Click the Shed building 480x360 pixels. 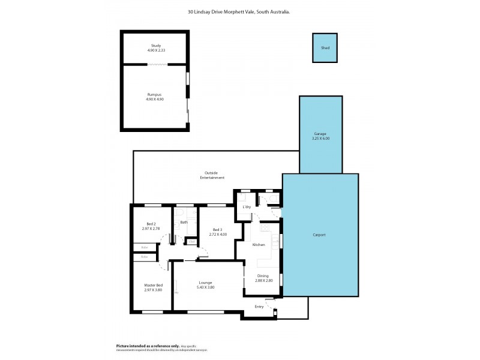coord(325,47)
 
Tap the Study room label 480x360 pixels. coord(155,46)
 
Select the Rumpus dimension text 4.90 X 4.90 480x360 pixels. coord(155,99)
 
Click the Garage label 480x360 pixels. coord(320,134)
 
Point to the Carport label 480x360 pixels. coord(319,235)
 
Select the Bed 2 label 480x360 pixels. coord(143,224)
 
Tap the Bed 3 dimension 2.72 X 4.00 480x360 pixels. coord(218,234)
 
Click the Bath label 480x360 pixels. coord(184,222)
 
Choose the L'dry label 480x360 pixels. coord(247,207)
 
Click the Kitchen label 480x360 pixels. coord(259,245)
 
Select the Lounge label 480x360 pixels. coord(206,283)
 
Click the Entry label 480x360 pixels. coord(259,306)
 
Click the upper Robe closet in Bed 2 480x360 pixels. coord(145,247)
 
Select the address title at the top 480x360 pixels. coord(239,10)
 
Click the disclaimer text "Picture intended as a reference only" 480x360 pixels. coord(147,346)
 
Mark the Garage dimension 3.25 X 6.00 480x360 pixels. coord(320,139)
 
